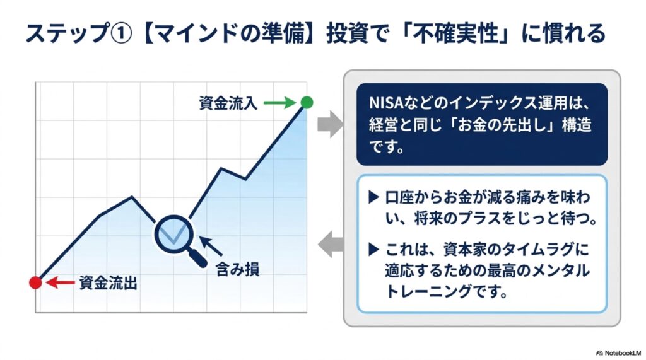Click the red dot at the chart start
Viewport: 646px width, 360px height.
pos(35,282)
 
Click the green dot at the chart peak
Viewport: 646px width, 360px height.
pos(307,102)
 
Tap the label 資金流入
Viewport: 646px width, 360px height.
pos(228,103)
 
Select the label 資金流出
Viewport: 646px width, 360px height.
pos(108,283)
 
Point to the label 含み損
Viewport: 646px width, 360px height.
pos(238,269)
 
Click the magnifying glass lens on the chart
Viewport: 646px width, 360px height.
pos(174,235)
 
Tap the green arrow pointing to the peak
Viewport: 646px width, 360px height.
pos(279,103)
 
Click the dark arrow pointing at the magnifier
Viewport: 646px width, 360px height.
pos(211,246)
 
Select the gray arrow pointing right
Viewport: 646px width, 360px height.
pos(331,124)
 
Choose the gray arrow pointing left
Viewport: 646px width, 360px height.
pos(331,244)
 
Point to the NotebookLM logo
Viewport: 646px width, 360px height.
pos(618,353)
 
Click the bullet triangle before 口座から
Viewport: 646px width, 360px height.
pos(373,197)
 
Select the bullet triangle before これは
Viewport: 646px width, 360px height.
pos(373,249)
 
